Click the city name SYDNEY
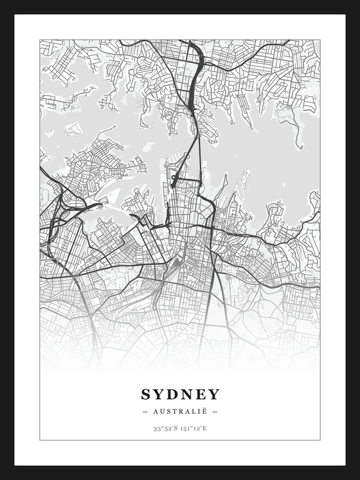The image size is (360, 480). [x=180, y=394]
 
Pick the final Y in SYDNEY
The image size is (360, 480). [x=214, y=394]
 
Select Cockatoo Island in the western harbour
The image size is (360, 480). [x=74, y=129]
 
